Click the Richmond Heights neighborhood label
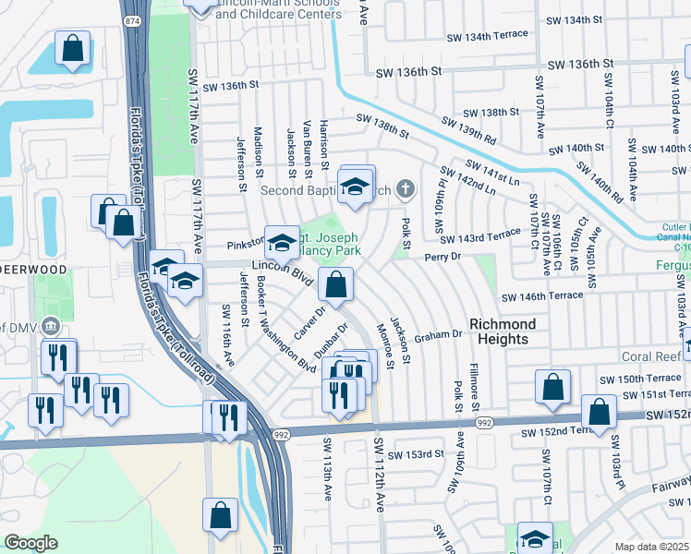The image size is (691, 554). pos(503,331)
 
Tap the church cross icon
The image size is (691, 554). pos(404,190)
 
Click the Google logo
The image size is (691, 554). pos(30,543)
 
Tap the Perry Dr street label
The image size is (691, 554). pos(442,258)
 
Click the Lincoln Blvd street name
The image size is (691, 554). pos(278,270)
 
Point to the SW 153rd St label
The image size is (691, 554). pos(416,454)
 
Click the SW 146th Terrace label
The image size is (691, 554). pos(542,296)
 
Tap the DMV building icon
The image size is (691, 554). pos(51,325)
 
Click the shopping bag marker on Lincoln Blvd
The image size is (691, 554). pos(336,287)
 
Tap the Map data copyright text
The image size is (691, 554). pos(652,547)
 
